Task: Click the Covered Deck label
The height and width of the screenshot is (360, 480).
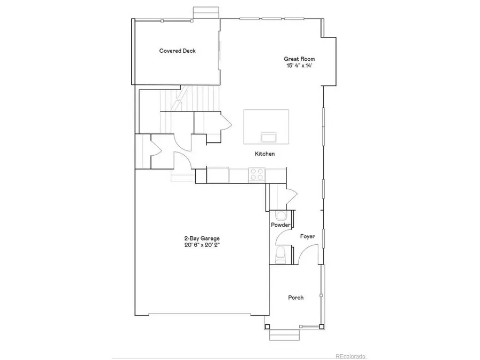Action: tap(178, 51)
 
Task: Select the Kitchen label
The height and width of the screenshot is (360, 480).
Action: tap(265, 154)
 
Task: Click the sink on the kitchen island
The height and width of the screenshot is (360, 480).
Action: tap(268, 137)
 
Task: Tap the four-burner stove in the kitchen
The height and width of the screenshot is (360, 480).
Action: tap(257, 174)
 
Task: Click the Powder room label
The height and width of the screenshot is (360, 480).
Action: tap(281, 225)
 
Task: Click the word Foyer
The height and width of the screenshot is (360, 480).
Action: tap(307, 236)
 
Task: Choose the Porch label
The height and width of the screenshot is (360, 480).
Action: tap(296, 298)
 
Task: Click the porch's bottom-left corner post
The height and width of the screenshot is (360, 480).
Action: tap(268, 326)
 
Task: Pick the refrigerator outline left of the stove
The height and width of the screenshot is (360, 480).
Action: tap(218, 174)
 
